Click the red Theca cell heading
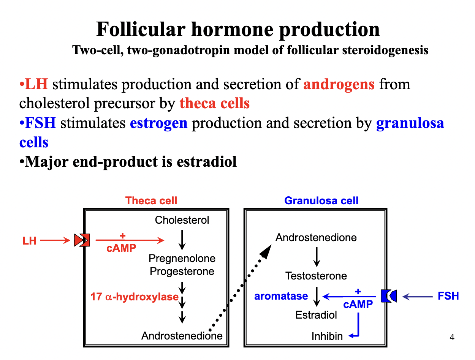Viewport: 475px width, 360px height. [x=151, y=201]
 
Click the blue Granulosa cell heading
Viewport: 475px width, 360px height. [x=321, y=201]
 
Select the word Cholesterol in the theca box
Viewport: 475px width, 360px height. [x=182, y=220]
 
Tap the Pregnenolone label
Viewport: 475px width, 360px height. [x=182, y=259]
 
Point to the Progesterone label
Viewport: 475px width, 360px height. [x=182, y=272]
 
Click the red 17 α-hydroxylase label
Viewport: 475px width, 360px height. [x=135, y=297]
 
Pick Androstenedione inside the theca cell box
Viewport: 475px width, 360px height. [x=182, y=336]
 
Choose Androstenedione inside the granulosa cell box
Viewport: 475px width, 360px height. [x=316, y=238]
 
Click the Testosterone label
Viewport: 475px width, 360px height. [x=316, y=276]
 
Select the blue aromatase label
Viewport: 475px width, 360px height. [x=281, y=296]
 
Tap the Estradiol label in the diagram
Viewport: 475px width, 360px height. [x=316, y=315]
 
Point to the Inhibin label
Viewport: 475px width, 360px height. [x=327, y=336]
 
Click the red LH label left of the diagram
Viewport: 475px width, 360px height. [x=29, y=241]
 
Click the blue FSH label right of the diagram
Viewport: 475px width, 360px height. [x=448, y=296]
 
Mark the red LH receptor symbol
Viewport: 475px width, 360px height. [x=82, y=240]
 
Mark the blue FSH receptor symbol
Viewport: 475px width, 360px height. [x=389, y=296]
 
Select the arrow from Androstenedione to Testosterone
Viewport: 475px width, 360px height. [x=317, y=257]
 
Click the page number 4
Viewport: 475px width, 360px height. [x=452, y=337]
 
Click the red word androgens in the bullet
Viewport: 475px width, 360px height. [x=339, y=84]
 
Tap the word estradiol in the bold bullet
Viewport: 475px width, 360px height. [x=207, y=162]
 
